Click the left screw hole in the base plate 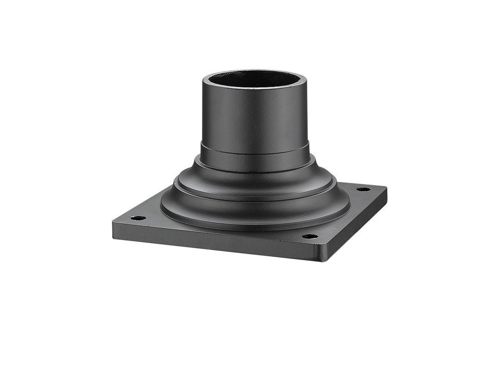[x=137, y=218]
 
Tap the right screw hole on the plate [x=363, y=189]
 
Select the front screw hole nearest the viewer [x=310, y=236]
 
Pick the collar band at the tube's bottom [x=255, y=159]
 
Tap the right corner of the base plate [x=385, y=189]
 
